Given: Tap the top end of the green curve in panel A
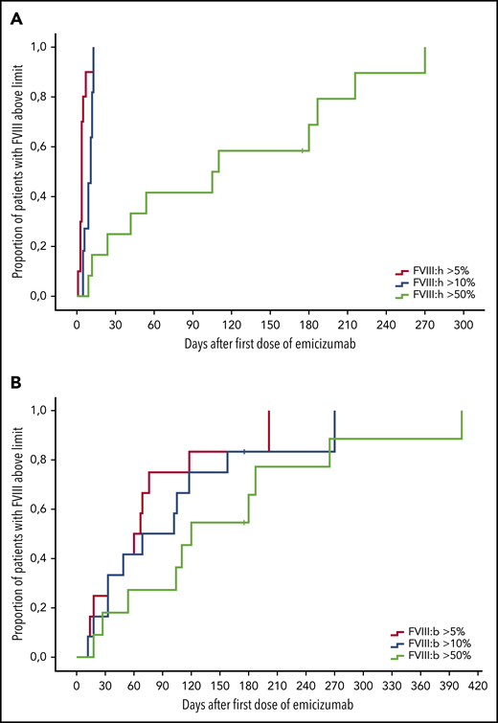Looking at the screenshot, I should pyautogui.click(x=425, y=48).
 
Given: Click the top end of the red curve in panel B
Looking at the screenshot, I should pyautogui.click(x=269, y=412).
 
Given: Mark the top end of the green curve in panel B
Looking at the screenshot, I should pyautogui.click(x=462, y=412).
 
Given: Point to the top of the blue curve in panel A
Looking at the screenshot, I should pyautogui.click(x=94, y=48).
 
